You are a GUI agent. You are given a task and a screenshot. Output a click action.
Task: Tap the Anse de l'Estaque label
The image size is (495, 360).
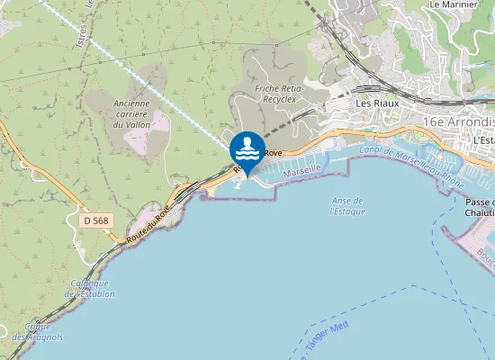coord(346,205)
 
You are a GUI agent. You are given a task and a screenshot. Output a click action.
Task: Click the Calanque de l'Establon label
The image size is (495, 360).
coord(90,288)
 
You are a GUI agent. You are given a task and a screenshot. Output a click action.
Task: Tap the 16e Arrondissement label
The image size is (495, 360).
coord(460,121)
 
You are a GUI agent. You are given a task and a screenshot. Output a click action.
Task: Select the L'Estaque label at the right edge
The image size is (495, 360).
coord(484,140)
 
